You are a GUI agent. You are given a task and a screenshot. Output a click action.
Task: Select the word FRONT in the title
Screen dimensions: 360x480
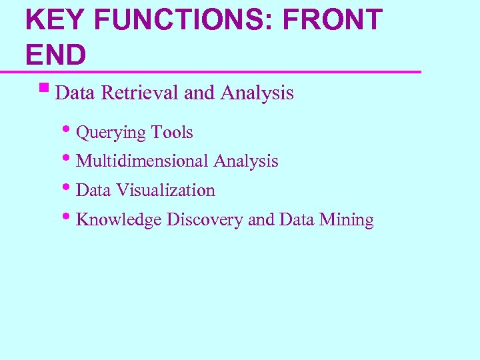333,20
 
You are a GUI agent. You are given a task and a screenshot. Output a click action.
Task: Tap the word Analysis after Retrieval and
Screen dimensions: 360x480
256,93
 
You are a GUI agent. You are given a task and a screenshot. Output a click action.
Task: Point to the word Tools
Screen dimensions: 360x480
172,133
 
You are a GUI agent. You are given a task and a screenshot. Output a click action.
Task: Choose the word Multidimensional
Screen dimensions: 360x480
143,161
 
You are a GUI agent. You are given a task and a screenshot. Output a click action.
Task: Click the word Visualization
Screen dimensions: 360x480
165,190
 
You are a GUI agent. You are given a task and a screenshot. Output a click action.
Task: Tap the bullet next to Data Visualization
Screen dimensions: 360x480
71,187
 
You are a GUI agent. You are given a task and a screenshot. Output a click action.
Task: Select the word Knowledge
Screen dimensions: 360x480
119,219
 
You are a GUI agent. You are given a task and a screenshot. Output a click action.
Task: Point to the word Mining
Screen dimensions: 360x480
347,219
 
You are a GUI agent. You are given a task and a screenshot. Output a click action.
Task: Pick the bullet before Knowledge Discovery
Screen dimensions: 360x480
71,217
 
